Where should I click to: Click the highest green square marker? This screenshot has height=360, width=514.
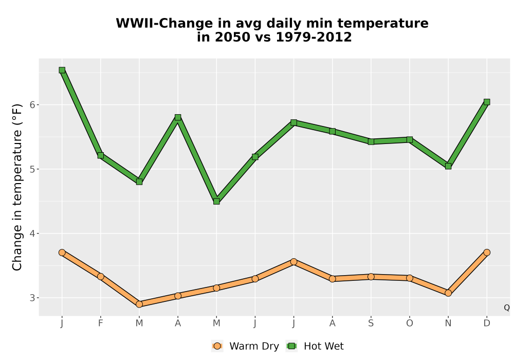[62, 70]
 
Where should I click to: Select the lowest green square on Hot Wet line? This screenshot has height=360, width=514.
[216, 201]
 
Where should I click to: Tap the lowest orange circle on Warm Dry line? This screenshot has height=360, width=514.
[139, 304]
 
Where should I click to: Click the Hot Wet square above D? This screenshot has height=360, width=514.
[487, 102]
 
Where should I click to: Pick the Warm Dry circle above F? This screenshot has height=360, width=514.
[101, 277]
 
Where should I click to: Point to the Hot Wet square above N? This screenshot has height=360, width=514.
[448, 166]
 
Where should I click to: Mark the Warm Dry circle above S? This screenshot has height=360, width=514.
[371, 277]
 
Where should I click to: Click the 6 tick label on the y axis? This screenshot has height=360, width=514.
[32, 104]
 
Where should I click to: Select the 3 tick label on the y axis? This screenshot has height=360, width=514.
[32, 298]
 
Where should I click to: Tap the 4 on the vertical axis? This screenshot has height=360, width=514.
[32, 233]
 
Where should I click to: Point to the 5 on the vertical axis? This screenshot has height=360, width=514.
[32, 169]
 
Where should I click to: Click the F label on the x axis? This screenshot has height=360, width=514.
[101, 323]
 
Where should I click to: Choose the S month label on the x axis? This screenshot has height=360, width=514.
[371, 323]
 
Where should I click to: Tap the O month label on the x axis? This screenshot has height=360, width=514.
[410, 323]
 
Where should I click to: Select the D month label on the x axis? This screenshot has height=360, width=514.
[487, 323]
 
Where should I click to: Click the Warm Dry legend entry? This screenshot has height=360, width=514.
[245, 346]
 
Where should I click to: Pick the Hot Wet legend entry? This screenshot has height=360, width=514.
[315, 346]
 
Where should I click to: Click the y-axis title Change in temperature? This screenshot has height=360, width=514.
[17, 187]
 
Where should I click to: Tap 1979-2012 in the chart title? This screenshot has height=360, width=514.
[314, 37]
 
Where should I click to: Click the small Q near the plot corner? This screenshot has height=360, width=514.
[507, 308]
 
